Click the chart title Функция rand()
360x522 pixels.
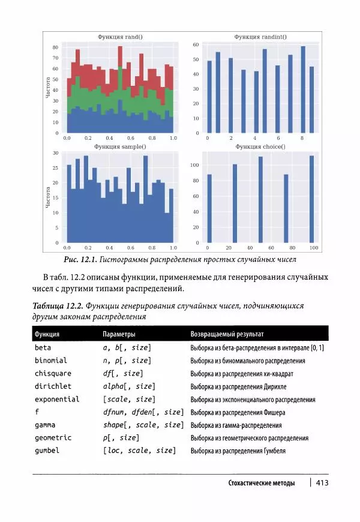point(120,37)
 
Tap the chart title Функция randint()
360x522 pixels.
point(260,37)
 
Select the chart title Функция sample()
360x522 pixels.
point(120,146)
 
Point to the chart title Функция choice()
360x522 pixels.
point(260,146)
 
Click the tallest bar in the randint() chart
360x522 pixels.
point(303,89)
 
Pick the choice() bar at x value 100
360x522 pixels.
point(311,199)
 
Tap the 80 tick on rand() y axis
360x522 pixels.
point(56,47)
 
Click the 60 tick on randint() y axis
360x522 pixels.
point(196,45)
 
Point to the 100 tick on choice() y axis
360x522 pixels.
point(194,165)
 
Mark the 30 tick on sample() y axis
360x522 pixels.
point(56,153)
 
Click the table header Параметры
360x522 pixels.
point(119,334)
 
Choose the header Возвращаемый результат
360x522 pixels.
point(227,334)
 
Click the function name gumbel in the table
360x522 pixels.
point(47,451)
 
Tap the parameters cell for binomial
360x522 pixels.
point(127,361)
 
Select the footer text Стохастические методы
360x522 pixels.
point(262,484)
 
